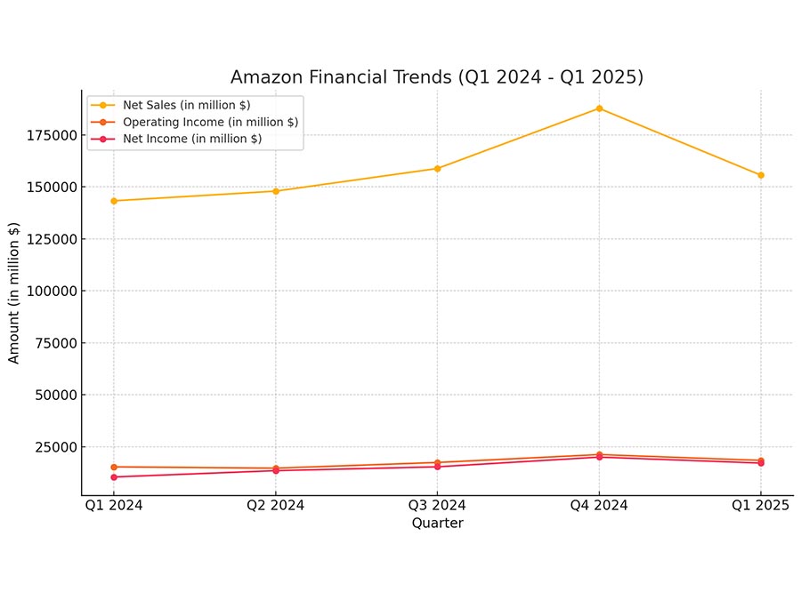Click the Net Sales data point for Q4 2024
[599, 108]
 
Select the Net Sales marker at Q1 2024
[114, 201]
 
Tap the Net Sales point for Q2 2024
[276, 191]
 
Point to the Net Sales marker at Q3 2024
[437, 169]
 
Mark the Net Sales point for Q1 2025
[761, 175]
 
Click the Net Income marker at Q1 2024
[114, 477]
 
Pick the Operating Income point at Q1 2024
[114, 467]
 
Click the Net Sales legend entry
[171, 105]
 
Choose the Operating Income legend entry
[195, 122]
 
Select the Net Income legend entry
[176, 139]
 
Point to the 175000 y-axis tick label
[53, 136]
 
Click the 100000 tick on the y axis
[53, 292]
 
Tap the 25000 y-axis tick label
[56, 447]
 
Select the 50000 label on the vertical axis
[56, 396]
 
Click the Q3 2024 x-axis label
[437, 505]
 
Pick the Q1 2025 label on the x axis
[761, 505]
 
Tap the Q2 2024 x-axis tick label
[276, 505]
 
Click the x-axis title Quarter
[438, 523]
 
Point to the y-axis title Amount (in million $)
[13, 292]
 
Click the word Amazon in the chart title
[267, 77]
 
